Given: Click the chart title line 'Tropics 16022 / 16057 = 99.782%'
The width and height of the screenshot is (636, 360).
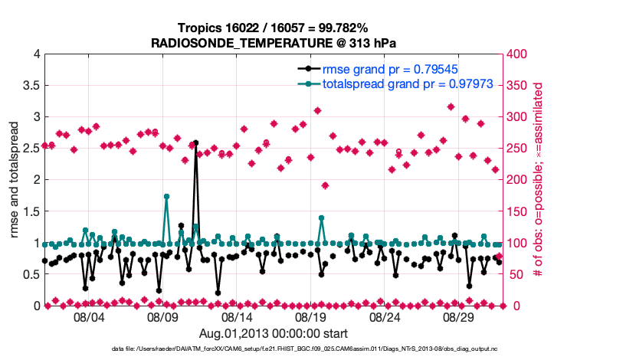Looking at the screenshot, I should (x=274, y=28).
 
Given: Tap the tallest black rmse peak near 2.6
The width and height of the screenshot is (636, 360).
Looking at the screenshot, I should (x=196, y=142).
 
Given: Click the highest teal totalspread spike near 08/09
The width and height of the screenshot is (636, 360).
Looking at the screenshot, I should (x=166, y=197).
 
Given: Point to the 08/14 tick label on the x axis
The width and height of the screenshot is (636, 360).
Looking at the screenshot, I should (x=237, y=316).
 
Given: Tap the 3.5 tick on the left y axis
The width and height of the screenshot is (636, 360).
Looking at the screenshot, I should (x=31, y=85).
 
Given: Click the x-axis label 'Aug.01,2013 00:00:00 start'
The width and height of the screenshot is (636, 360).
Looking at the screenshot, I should (x=274, y=333).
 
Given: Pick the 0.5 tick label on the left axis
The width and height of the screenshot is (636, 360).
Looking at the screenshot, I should (x=31, y=273).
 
